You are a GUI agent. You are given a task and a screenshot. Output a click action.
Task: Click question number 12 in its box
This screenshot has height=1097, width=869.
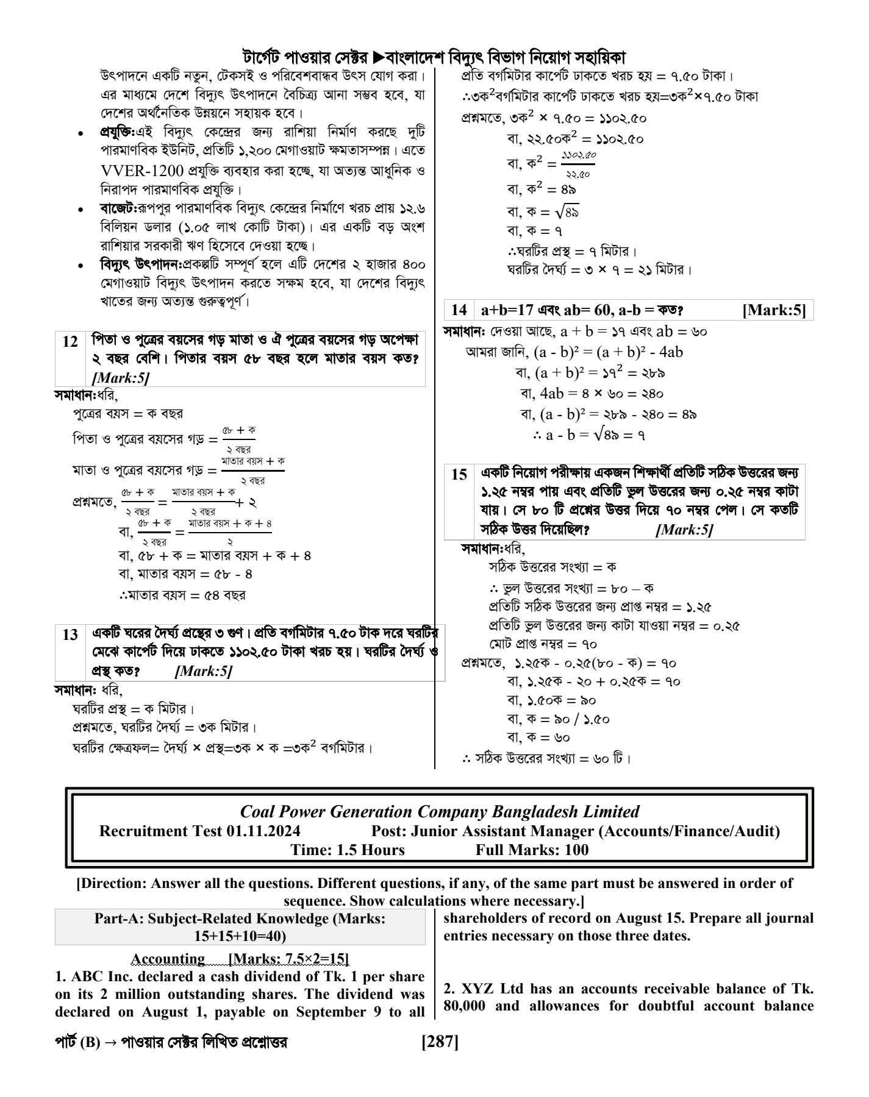pyautogui.click(x=70, y=341)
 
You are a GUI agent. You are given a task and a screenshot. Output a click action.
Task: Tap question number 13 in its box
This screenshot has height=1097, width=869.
pyautogui.click(x=70, y=634)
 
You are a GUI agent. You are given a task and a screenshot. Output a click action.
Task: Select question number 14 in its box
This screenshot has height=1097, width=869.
pyautogui.click(x=459, y=310)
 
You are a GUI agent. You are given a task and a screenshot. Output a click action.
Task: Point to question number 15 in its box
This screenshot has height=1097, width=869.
pyautogui.click(x=459, y=474)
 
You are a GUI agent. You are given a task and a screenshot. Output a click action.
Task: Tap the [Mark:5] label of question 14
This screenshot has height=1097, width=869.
pyautogui.click(x=774, y=310)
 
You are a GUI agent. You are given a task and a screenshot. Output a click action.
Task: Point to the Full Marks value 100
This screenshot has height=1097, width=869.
pyautogui.click(x=576, y=850)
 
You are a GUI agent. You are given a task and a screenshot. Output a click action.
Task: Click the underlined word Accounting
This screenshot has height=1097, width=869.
pyautogui.click(x=168, y=959)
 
